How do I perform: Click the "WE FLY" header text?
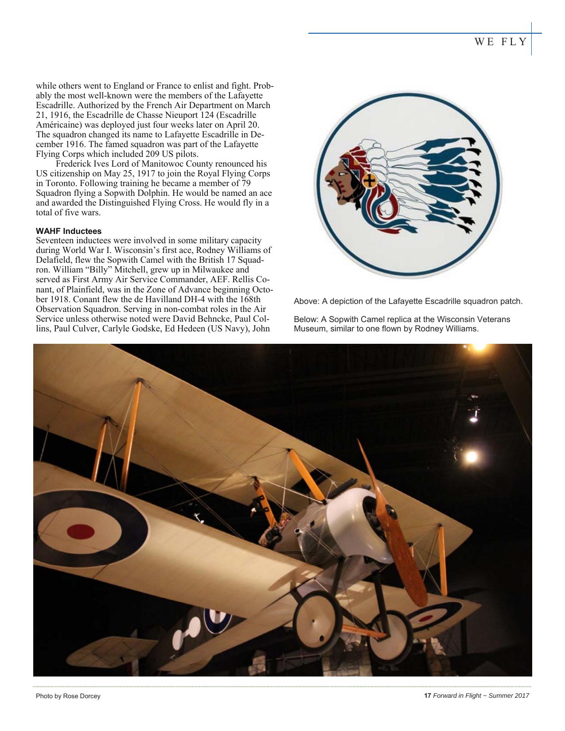[501, 42]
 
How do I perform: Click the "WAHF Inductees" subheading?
[69, 231]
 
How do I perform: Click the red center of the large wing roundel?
[81, 530]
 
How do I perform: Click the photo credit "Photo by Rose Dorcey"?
[68, 696]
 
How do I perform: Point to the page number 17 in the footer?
[428, 696]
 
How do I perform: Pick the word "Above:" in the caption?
[306, 302]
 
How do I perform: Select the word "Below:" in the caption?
[306, 319]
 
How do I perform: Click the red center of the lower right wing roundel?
[426, 618]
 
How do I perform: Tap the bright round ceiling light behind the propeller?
[471, 456]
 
